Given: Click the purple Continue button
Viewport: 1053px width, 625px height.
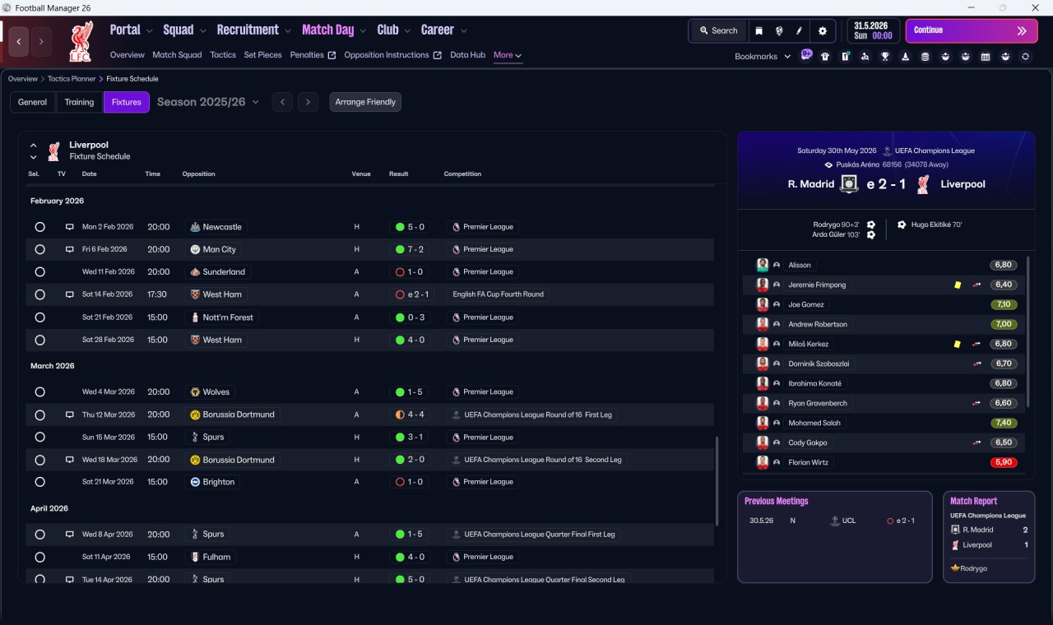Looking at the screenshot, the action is tap(972, 30).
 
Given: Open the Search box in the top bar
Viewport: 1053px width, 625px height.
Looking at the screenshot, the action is tap(718, 30).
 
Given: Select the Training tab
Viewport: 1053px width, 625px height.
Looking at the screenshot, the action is tap(79, 102).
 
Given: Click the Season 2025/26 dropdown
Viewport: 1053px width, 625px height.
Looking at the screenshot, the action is tap(208, 102).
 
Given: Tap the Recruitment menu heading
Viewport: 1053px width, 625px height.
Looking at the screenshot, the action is tap(248, 30).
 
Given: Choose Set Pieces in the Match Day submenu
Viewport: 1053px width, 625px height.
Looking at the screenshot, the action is tap(262, 55).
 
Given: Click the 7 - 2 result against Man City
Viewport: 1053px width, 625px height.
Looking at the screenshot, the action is tap(410, 249).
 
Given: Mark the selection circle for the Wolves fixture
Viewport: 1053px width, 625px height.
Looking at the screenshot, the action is tap(40, 392).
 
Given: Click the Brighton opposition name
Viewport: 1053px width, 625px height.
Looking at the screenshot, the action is tap(219, 482).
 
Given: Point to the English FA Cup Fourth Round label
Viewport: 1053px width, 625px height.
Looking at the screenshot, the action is tap(498, 294).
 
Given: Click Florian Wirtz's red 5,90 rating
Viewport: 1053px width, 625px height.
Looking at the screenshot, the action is tap(1003, 462).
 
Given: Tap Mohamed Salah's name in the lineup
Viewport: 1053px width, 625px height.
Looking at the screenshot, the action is tap(814, 423).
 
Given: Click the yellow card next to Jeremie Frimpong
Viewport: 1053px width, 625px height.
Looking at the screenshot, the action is tap(958, 285).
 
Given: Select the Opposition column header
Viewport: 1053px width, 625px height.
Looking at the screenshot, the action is tap(198, 174).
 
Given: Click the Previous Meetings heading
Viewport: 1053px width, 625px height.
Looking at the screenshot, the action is tap(776, 501).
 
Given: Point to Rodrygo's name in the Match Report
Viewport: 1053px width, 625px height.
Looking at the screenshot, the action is tap(973, 568).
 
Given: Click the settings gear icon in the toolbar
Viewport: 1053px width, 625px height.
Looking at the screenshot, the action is tap(822, 31).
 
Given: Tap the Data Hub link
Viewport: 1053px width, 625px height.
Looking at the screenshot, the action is tap(467, 55).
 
